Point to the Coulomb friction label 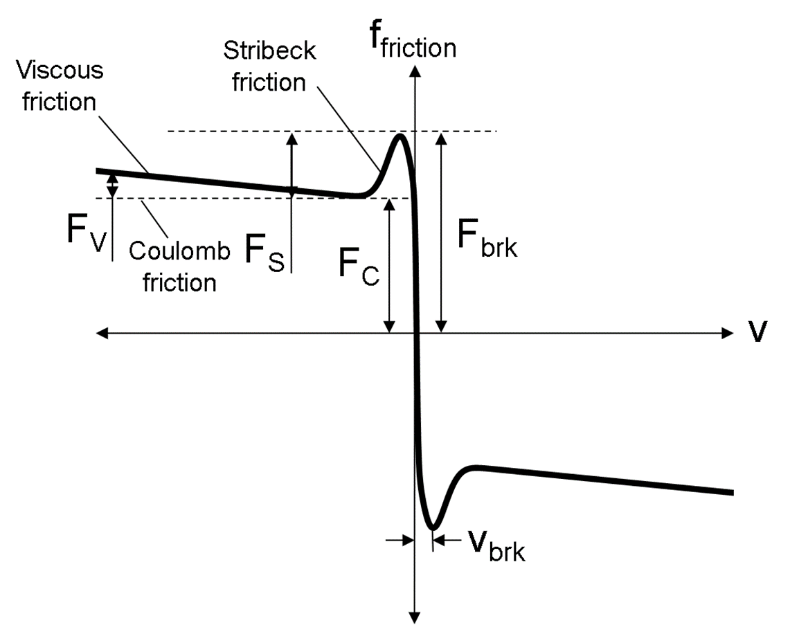(180, 267)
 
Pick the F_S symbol (264, 250)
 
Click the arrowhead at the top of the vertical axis (415, 68)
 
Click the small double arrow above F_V (112, 185)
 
